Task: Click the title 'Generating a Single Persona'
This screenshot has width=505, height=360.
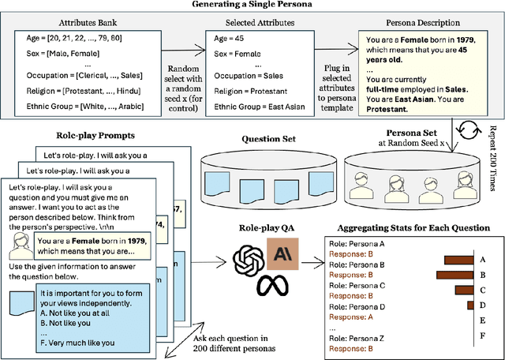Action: pyautogui.click(x=252, y=6)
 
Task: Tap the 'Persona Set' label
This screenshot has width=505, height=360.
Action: pyautogui.click(x=411, y=133)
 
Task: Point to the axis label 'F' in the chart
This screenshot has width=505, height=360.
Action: pyautogui.click(x=483, y=336)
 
